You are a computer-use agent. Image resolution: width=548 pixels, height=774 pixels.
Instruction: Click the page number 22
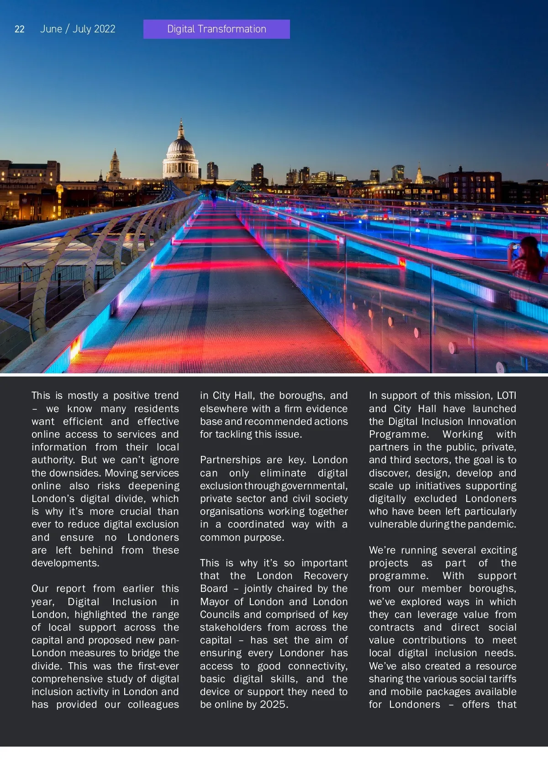20,29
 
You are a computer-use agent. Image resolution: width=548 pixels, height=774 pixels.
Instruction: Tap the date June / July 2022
78,29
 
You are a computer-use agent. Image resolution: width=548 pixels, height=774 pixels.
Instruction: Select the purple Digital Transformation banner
216,29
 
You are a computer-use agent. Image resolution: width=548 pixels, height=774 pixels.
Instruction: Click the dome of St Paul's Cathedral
181,146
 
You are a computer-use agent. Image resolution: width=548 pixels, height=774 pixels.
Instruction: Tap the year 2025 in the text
273,705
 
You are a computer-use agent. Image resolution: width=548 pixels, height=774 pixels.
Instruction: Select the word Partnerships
230,460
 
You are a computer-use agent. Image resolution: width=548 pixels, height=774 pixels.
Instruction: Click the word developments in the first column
65,563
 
